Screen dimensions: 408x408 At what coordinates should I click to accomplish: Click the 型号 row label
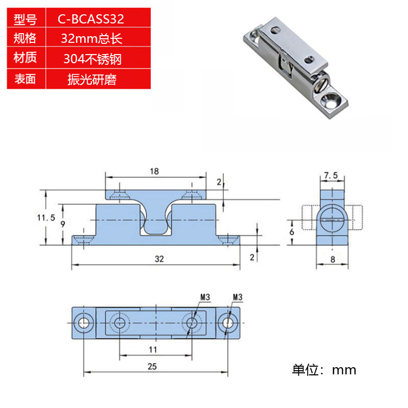point(25,20)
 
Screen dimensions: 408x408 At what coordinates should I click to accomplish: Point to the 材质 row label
point(25,58)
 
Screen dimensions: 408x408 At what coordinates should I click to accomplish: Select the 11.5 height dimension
point(46,218)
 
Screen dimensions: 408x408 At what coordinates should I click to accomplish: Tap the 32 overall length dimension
point(159,259)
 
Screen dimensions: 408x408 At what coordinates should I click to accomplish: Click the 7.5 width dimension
point(331,175)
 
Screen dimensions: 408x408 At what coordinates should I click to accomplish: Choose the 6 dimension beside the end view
point(291,231)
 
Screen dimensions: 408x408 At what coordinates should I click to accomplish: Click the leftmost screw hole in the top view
point(83,322)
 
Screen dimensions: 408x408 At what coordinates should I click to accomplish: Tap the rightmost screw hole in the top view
point(227,322)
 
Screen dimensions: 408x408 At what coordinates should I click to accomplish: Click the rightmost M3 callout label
point(237,296)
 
